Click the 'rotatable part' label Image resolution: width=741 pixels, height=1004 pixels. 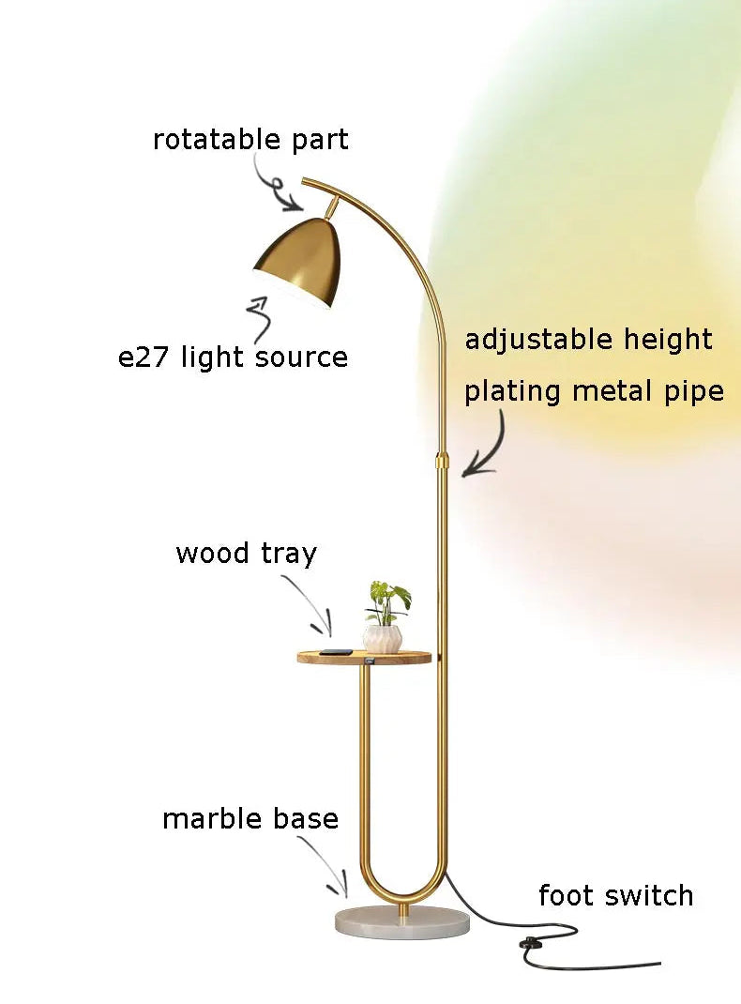point(250,140)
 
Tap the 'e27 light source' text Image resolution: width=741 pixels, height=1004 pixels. point(233,357)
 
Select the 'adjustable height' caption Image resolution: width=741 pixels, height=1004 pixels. point(588,339)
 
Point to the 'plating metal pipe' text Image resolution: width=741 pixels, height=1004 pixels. point(594,390)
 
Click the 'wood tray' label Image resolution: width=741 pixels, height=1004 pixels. point(246,553)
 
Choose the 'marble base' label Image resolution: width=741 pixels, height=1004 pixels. point(250,818)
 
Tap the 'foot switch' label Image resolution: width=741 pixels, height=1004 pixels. point(615,895)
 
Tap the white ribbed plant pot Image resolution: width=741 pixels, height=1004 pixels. point(383,639)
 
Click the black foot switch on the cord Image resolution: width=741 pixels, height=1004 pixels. point(532,943)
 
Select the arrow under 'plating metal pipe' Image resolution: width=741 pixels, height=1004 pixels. point(488,446)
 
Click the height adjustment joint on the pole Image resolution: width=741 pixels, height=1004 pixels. point(441,463)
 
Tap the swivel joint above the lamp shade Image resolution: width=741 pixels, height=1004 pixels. point(333,204)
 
